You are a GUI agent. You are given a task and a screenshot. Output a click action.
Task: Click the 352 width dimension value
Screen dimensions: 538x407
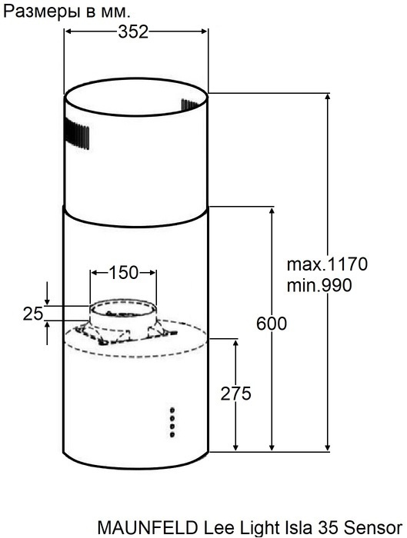click(134, 32)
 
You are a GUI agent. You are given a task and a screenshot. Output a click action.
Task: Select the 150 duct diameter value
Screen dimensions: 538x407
click(123, 272)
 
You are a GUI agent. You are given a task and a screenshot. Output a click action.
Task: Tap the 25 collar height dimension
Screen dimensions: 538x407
click(32, 313)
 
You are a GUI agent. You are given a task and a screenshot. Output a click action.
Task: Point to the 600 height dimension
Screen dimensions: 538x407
click(272, 324)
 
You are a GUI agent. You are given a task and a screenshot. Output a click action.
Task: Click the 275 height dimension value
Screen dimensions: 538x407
click(236, 394)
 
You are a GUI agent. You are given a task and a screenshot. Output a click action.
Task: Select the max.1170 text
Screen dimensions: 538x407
click(328, 265)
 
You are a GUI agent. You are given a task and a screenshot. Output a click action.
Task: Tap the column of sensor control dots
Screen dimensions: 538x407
click(172, 422)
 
